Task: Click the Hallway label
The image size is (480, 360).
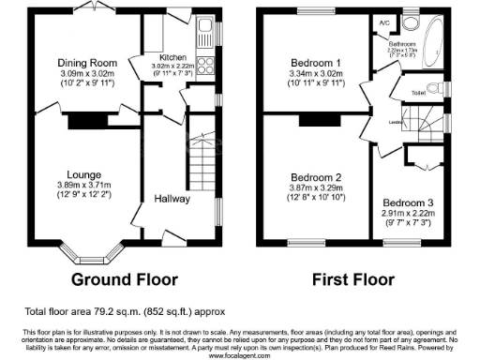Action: [x=173, y=199]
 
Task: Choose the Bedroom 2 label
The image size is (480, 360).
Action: [x=316, y=178]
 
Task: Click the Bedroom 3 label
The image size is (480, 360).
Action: [x=409, y=203]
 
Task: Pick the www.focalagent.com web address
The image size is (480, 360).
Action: [x=240, y=355]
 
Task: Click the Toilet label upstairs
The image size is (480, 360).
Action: [x=419, y=94]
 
